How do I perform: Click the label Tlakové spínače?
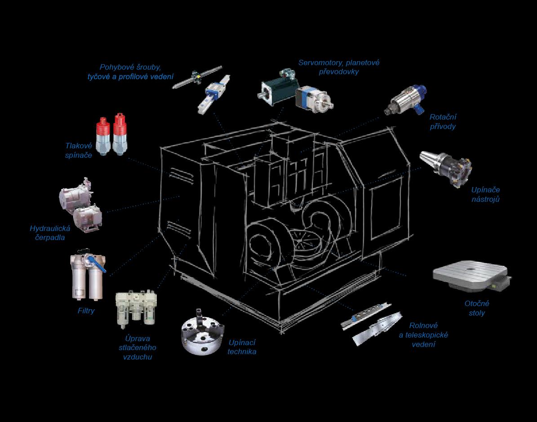point(79,151)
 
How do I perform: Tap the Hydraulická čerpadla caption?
point(50,233)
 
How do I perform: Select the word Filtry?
point(86,311)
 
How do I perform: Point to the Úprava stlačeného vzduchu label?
point(138,348)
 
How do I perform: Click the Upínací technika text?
point(242,347)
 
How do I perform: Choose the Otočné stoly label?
point(477,308)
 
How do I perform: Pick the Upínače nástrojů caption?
point(485,195)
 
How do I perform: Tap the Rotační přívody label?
point(443,122)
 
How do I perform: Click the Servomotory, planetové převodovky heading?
point(339,67)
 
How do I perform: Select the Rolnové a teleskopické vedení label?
point(423,335)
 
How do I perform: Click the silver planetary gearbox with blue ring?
point(314,99)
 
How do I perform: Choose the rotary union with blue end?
point(406,100)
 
